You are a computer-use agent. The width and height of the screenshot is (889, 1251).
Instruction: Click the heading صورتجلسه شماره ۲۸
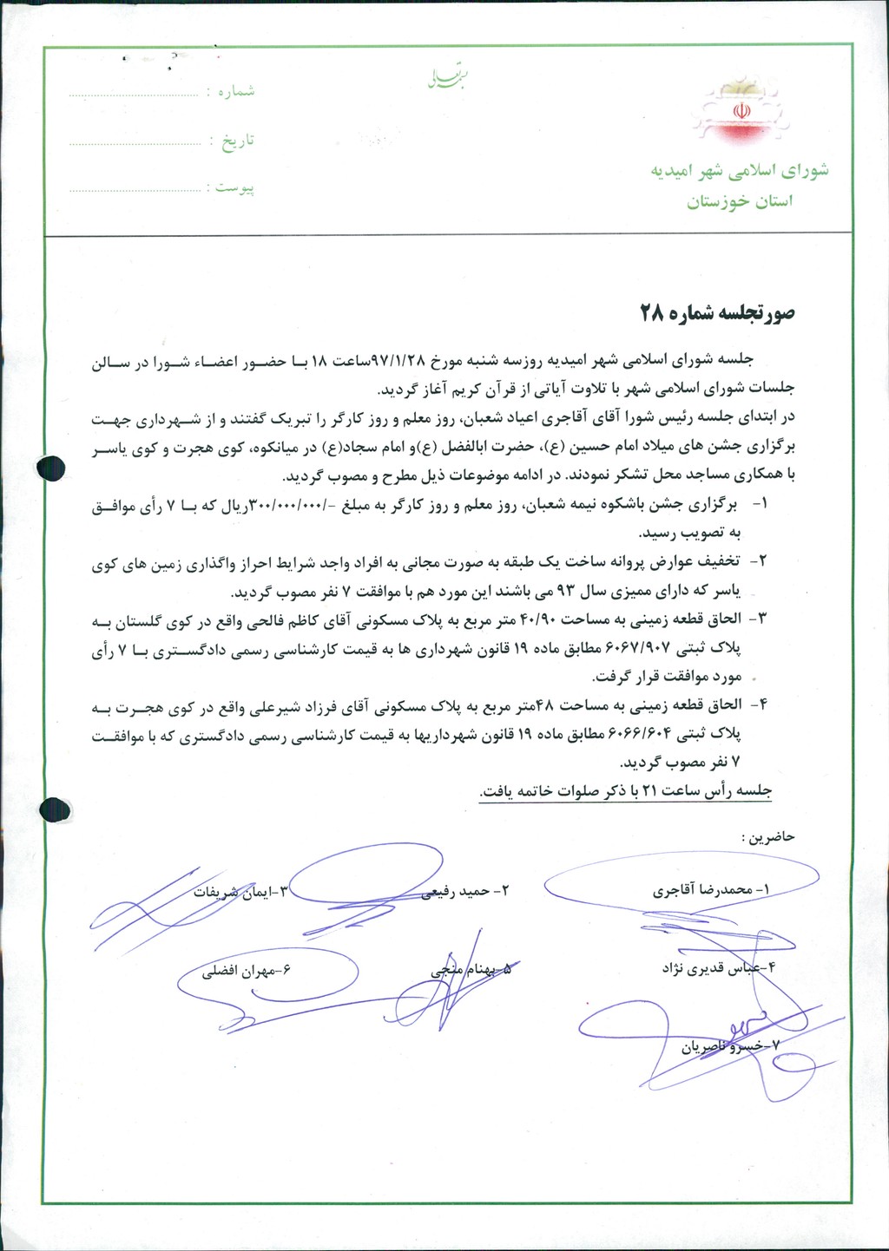[x=717, y=313]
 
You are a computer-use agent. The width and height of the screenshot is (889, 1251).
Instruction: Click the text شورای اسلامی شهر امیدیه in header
[x=740, y=170]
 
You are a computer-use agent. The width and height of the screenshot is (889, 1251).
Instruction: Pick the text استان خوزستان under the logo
[x=740, y=202]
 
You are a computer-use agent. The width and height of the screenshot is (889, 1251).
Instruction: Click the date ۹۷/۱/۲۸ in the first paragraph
[x=408, y=360]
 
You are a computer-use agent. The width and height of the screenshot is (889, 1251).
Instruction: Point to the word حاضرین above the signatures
[x=767, y=837]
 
